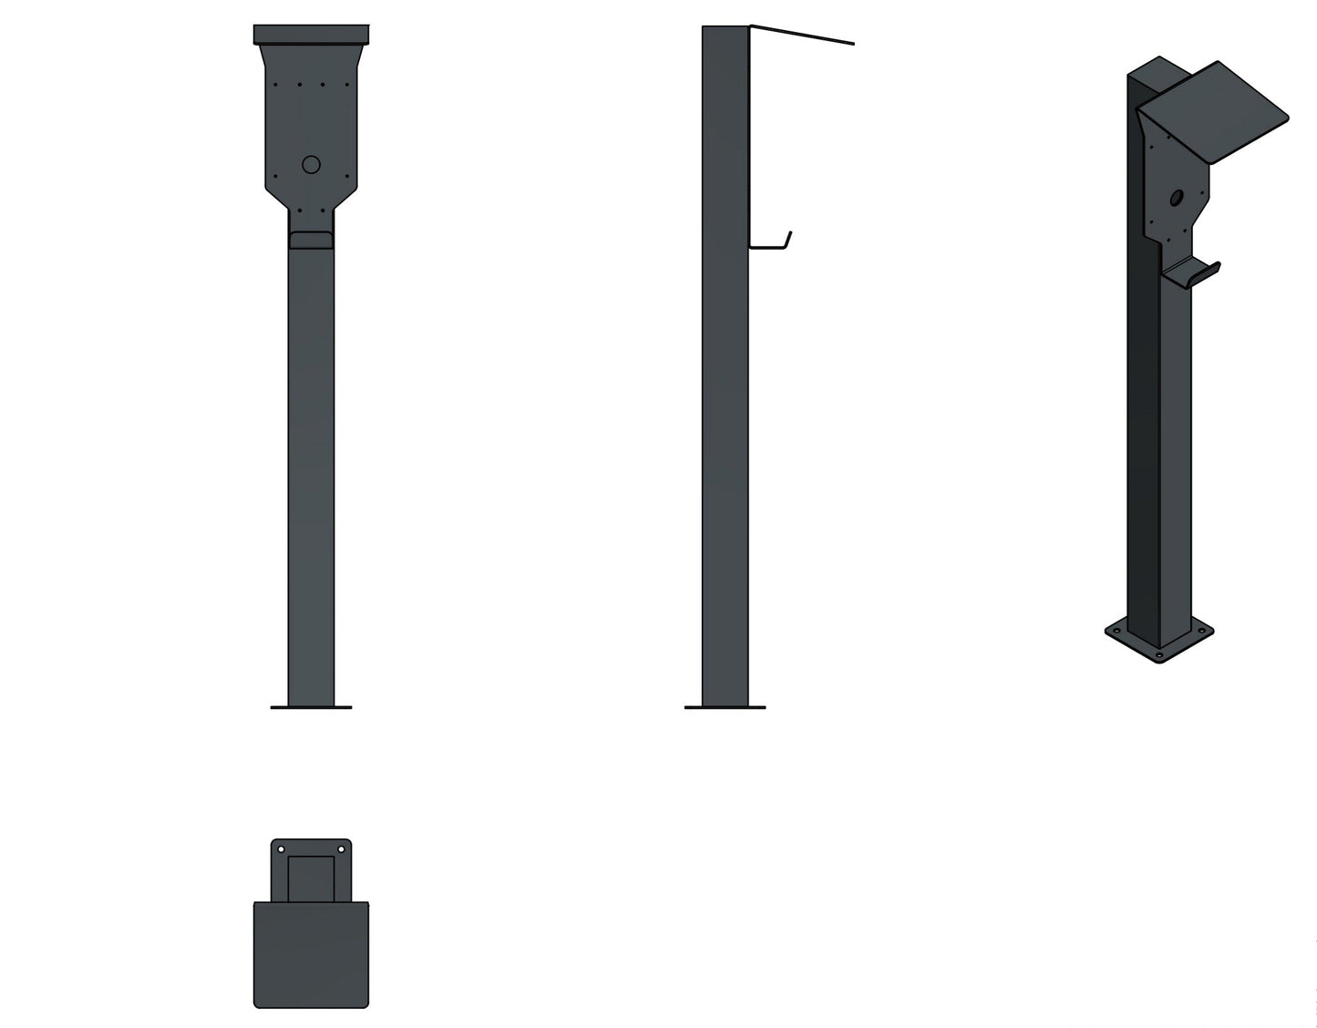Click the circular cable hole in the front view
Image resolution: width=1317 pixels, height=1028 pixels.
pos(311,165)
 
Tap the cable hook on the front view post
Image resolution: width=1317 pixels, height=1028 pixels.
pos(311,240)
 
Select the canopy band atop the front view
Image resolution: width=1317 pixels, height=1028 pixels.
pos(311,35)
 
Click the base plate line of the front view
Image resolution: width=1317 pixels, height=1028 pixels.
pos(311,707)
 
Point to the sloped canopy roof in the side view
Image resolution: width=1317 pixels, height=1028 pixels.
pos(802,35)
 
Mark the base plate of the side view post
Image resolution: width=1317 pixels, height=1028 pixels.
pos(725,707)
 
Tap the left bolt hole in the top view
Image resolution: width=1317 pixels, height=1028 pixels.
pos(281,849)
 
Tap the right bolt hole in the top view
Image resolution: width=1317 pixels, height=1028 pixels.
pos(342,849)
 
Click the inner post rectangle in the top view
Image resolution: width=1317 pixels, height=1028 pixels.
pos(311,878)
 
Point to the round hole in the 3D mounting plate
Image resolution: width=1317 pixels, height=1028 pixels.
pos(1177,196)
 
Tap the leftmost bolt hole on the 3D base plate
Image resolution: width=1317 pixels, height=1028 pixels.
pos(1115,631)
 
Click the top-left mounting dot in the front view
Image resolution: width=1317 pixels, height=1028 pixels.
pos(275,85)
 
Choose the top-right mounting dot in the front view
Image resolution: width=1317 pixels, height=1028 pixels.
pos(347,85)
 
